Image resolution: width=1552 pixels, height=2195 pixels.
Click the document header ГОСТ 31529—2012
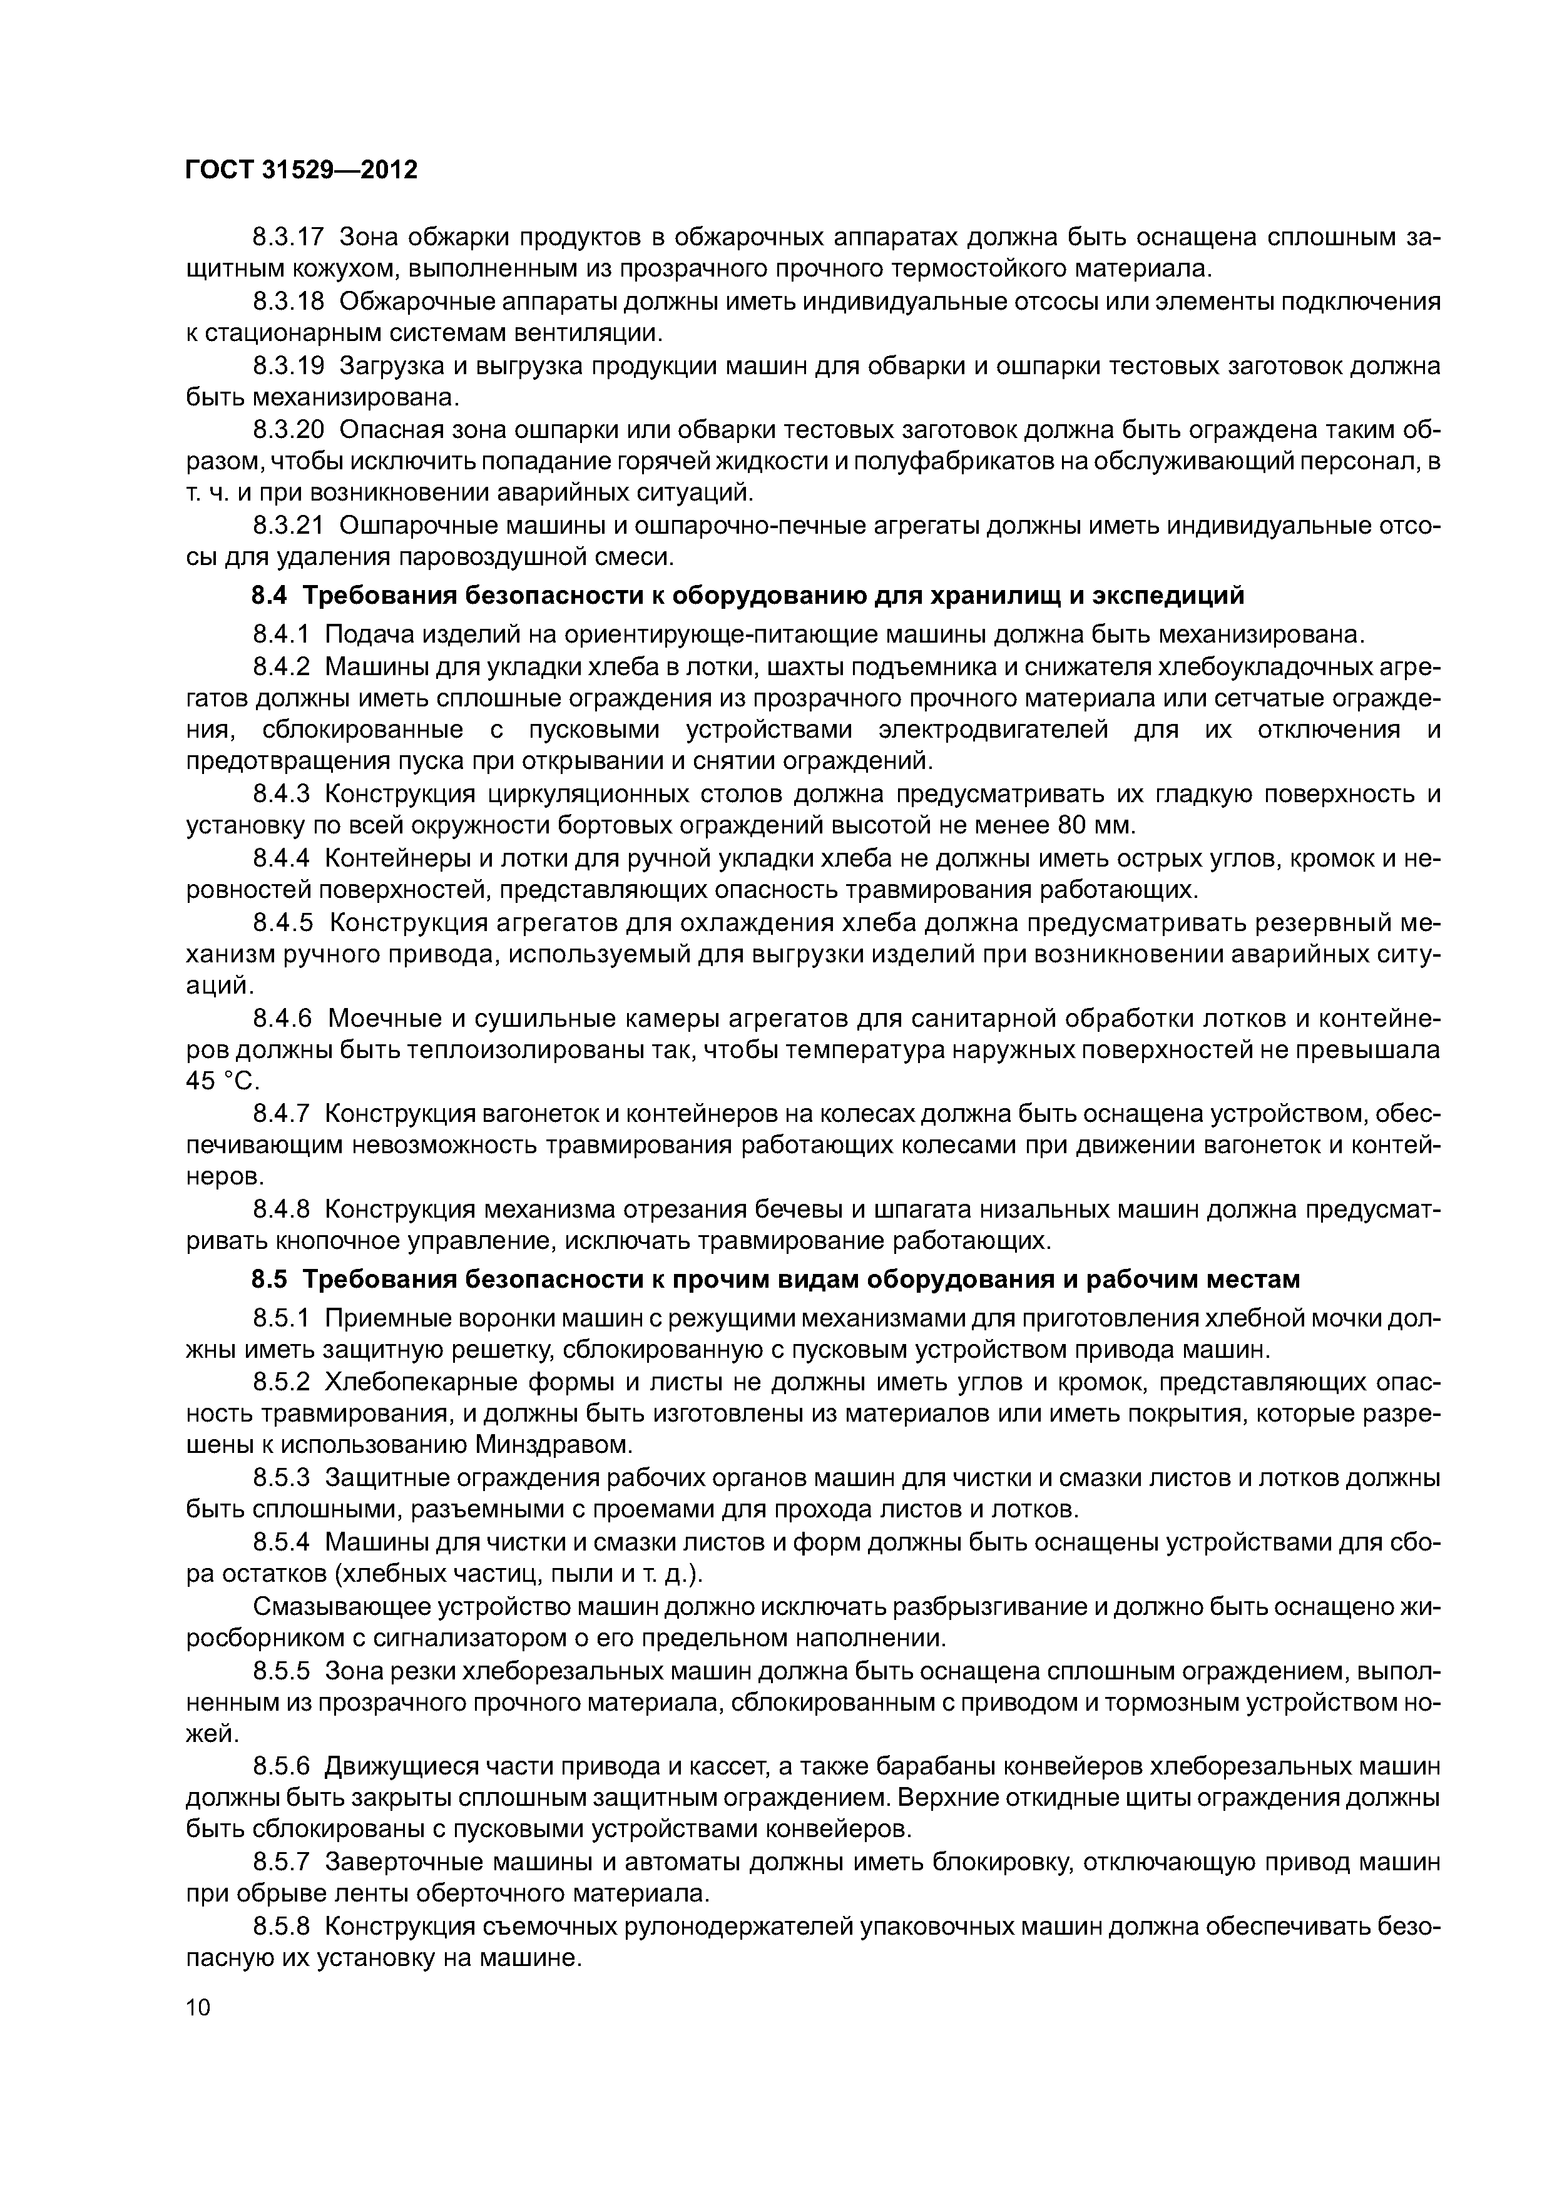click(301, 170)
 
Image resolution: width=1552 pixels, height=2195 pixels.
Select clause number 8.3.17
click(288, 236)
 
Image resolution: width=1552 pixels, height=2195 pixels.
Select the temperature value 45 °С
click(222, 1081)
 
